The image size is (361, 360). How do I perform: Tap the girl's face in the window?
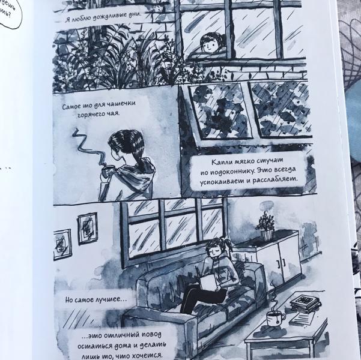(x=208, y=44)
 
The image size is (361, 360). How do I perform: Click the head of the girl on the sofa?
(x=215, y=247)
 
